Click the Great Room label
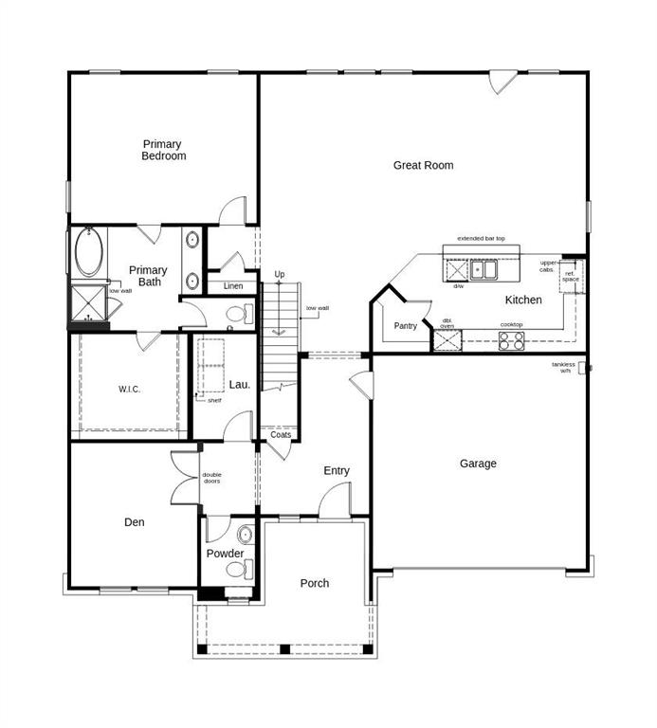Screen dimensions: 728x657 tap(423, 165)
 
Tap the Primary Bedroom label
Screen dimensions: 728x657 tap(163, 150)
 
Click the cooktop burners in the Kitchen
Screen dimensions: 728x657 tap(511, 340)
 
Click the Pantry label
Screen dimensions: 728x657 tap(405, 326)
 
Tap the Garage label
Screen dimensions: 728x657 tap(478, 464)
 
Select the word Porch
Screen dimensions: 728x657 tap(315, 583)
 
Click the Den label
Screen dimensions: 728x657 tap(134, 521)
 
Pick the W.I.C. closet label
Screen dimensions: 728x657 tap(130, 389)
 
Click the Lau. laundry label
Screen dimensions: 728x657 tap(240, 384)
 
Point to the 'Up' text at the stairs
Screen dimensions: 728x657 tap(279, 275)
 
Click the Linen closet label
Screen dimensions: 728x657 tap(233, 286)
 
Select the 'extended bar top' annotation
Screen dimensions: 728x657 tap(481, 238)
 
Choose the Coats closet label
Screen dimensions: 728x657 tap(281, 435)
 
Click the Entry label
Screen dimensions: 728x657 tap(337, 471)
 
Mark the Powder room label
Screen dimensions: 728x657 tap(226, 554)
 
